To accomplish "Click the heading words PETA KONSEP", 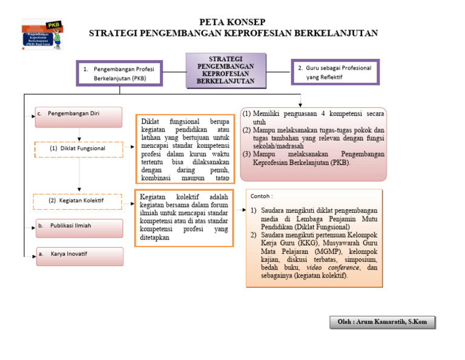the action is point(232,22).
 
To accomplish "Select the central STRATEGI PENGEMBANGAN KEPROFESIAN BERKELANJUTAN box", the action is point(225,70).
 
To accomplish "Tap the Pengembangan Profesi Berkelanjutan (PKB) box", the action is point(119,73).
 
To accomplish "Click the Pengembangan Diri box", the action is point(79,116).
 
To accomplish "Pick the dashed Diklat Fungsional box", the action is point(78,148).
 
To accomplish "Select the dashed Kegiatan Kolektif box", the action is point(78,200).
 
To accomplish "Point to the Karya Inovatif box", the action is point(79,255).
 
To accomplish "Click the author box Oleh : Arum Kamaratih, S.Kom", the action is point(383,322).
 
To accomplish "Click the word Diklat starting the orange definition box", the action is point(150,122).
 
